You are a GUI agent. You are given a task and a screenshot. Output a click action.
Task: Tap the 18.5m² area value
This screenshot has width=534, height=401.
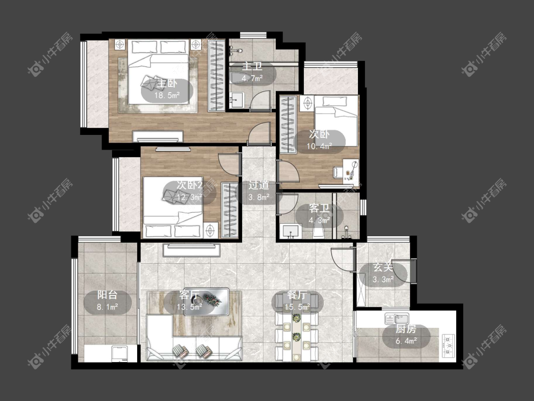(x=167, y=95)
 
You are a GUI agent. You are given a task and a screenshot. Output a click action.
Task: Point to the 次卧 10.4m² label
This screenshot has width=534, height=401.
(x=319, y=140)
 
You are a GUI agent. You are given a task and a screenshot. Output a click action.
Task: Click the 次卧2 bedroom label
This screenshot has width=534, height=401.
(x=190, y=185)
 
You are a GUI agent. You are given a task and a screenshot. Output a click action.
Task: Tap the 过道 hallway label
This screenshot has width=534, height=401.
(x=259, y=185)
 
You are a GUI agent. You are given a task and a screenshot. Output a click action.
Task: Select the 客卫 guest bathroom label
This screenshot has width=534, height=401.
(x=319, y=209)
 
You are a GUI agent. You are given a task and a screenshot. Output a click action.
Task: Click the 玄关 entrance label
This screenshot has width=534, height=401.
(x=383, y=267)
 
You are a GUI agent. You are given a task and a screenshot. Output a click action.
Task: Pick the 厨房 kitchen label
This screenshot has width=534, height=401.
(x=406, y=329)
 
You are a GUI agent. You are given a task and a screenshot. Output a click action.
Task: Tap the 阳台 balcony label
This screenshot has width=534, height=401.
(x=107, y=295)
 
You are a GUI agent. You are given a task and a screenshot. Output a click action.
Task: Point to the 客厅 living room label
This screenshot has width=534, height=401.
(x=189, y=295)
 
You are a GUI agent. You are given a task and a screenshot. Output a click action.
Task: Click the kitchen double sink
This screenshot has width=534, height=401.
(x=397, y=319)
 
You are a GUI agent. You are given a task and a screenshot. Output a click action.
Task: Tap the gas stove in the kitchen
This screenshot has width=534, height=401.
(x=449, y=345)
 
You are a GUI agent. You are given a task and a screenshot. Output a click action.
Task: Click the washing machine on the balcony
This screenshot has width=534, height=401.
(x=120, y=353)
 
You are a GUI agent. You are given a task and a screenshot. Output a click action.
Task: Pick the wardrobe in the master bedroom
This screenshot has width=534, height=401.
(x=216, y=76)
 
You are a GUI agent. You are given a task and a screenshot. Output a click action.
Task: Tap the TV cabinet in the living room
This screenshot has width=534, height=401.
(x=191, y=250)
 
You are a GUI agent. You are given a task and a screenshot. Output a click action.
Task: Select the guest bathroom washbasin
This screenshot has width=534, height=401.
(x=290, y=231)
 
